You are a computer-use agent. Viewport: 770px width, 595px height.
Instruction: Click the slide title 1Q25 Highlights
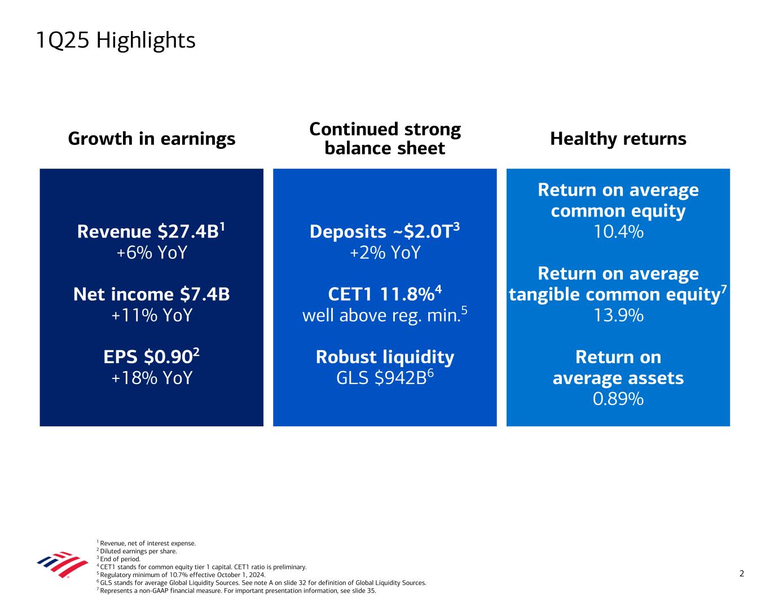pyautogui.click(x=116, y=41)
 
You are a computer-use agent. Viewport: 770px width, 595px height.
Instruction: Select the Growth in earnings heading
pyautogui.click(x=152, y=139)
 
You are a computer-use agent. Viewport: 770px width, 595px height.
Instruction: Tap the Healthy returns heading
pyautogui.click(x=618, y=139)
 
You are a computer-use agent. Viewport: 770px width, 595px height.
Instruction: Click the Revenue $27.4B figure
pyautogui.click(x=151, y=231)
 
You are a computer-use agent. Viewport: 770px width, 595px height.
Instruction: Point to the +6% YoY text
pyautogui.click(x=152, y=253)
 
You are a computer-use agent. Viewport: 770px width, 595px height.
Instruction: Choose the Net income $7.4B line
pyautogui.click(x=152, y=294)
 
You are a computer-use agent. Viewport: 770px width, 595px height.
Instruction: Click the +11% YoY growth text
pyautogui.click(x=152, y=315)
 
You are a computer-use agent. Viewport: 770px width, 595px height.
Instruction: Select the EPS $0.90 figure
pyautogui.click(x=151, y=356)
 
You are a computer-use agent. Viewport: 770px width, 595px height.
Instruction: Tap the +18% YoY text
pyautogui.click(x=152, y=378)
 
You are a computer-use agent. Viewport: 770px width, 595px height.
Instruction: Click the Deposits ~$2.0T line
pyautogui.click(x=385, y=231)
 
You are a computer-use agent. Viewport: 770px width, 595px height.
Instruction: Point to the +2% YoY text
pyautogui.click(x=385, y=253)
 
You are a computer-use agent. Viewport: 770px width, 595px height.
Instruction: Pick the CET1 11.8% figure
pyautogui.click(x=385, y=294)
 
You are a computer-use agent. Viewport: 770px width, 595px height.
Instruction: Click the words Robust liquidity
pyautogui.click(x=385, y=357)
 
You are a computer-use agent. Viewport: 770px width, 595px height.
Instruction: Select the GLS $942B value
pyautogui.click(x=385, y=377)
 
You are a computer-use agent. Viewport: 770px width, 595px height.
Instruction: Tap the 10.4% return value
pyautogui.click(x=618, y=232)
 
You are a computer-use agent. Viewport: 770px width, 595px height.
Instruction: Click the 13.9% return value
pyautogui.click(x=618, y=315)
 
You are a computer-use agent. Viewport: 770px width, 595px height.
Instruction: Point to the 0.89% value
pyautogui.click(x=618, y=399)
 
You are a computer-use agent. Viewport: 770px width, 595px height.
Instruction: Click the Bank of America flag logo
pyautogui.click(x=63, y=564)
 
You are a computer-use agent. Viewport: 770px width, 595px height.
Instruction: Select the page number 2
pyautogui.click(x=742, y=574)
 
